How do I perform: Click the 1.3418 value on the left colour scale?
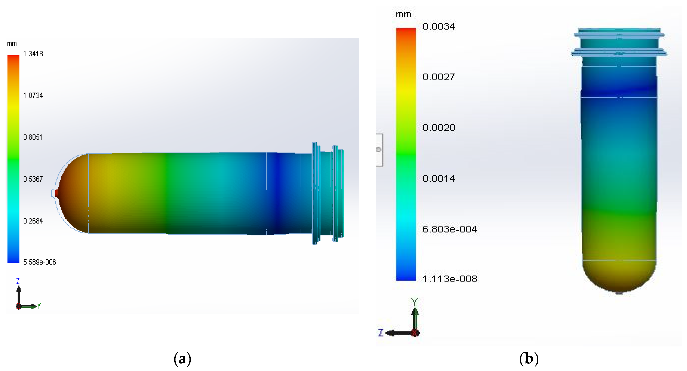click(33, 54)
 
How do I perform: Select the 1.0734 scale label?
click(33, 96)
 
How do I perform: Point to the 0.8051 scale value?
click(33, 137)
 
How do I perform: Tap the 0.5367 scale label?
click(33, 179)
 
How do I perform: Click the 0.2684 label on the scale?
click(33, 221)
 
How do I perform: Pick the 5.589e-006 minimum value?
click(40, 262)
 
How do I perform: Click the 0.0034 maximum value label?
click(439, 26)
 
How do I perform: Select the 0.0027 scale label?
click(439, 77)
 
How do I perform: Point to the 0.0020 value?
click(439, 128)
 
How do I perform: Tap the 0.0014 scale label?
click(439, 178)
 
